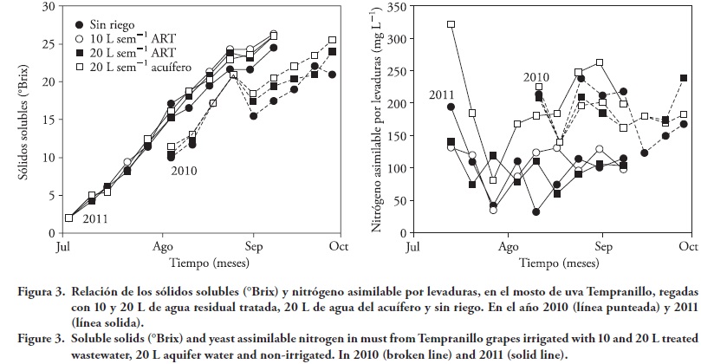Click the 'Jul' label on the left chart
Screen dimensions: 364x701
coord(62,246)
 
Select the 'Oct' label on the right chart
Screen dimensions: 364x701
coord(688,246)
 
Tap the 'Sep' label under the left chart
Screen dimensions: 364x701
coord(253,246)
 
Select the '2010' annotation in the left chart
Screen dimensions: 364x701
coord(184,171)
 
